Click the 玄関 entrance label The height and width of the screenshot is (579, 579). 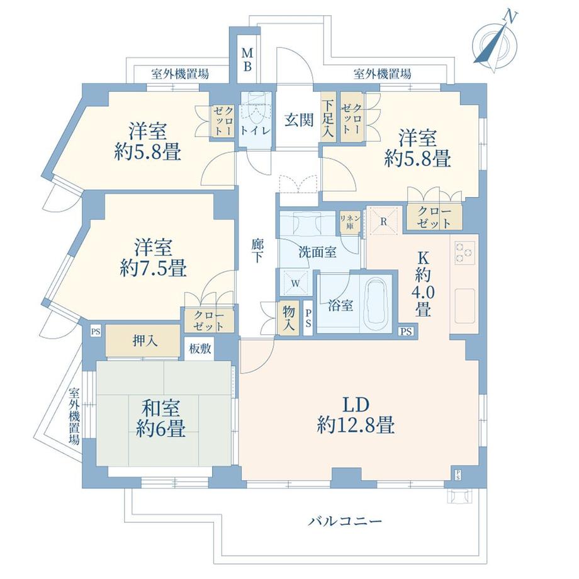[298, 120]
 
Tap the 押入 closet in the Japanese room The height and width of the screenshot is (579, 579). [144, 340]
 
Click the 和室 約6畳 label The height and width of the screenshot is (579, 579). [162, 419]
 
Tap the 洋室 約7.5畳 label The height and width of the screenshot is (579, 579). [153, 258]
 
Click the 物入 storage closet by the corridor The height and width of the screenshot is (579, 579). [289, 318]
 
